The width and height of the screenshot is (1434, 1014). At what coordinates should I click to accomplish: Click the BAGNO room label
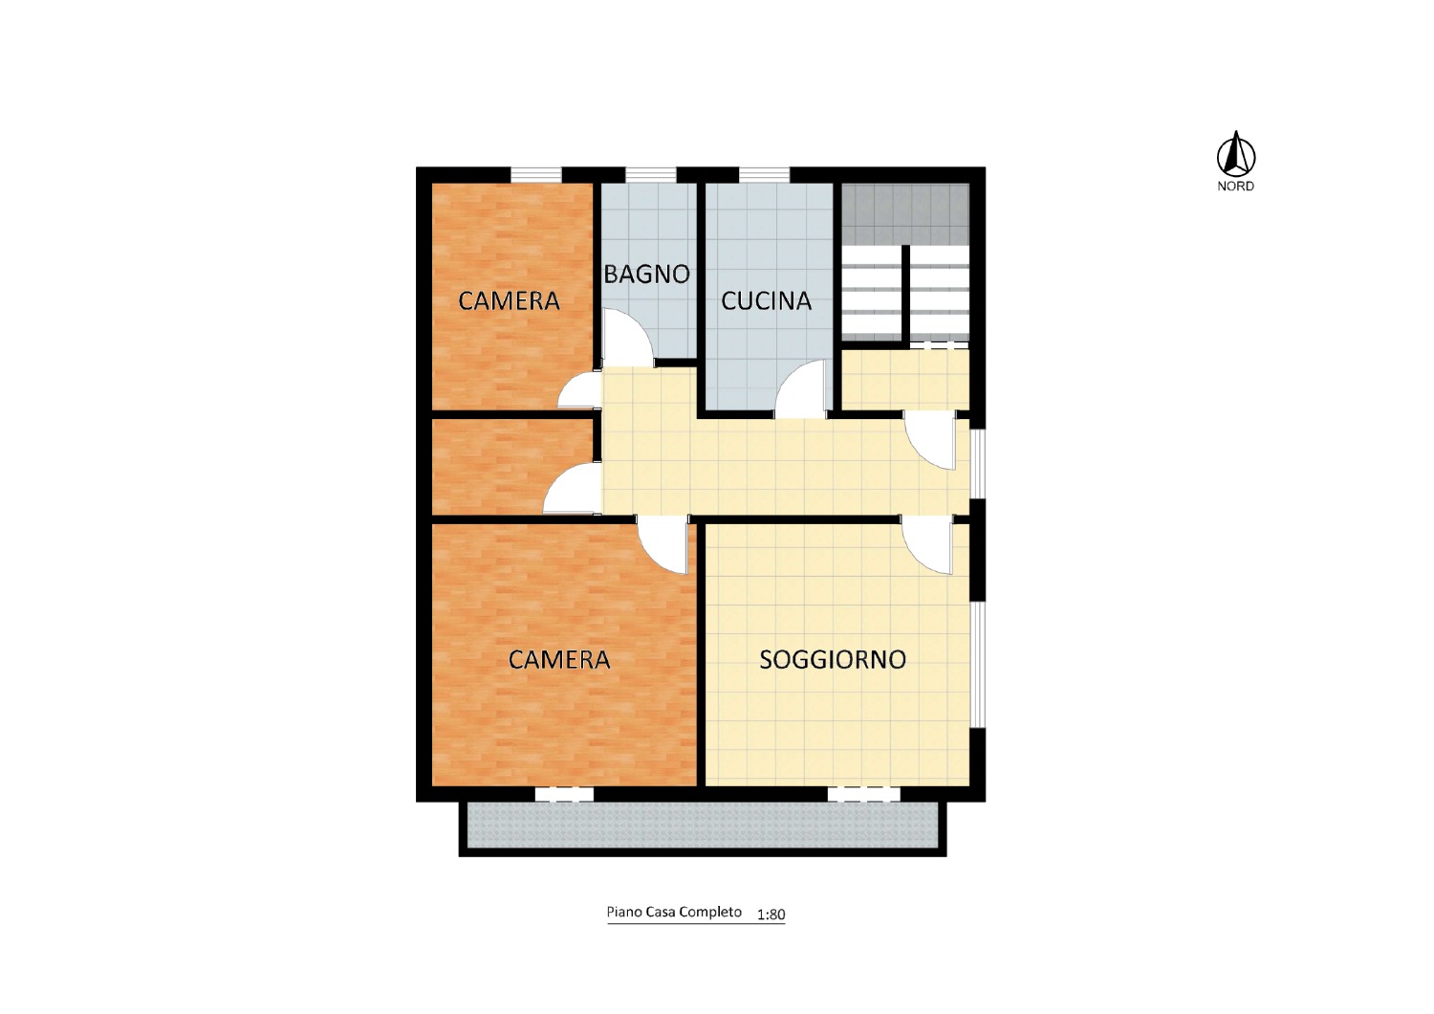click(x=646, y=275)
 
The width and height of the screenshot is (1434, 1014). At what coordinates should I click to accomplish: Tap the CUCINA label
click(x=767, y=301)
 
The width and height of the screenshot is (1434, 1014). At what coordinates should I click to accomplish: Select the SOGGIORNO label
click(x=833, y=659)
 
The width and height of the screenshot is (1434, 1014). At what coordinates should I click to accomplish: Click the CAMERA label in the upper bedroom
click(x=509, y=301)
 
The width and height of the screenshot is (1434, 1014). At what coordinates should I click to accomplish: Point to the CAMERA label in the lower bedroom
click(x=559, y=659)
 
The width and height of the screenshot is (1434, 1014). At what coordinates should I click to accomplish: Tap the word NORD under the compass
click(x=1235, y=187)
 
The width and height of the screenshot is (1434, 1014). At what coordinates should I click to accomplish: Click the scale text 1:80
click(x=771, y=915)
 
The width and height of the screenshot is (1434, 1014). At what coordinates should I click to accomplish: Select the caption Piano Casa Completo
click(x=674, y=913)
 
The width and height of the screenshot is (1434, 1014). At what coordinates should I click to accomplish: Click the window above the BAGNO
click(x=650, y=174)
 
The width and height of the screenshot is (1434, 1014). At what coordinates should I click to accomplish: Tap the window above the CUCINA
click(x=765, y=174)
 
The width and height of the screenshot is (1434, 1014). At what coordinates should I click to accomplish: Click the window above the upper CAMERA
click(x=535, y=174)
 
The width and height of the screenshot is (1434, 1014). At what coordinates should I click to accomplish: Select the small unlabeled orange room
click(x=512, y=466)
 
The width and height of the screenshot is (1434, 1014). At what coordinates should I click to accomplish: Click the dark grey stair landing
click(x=905, y=213)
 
